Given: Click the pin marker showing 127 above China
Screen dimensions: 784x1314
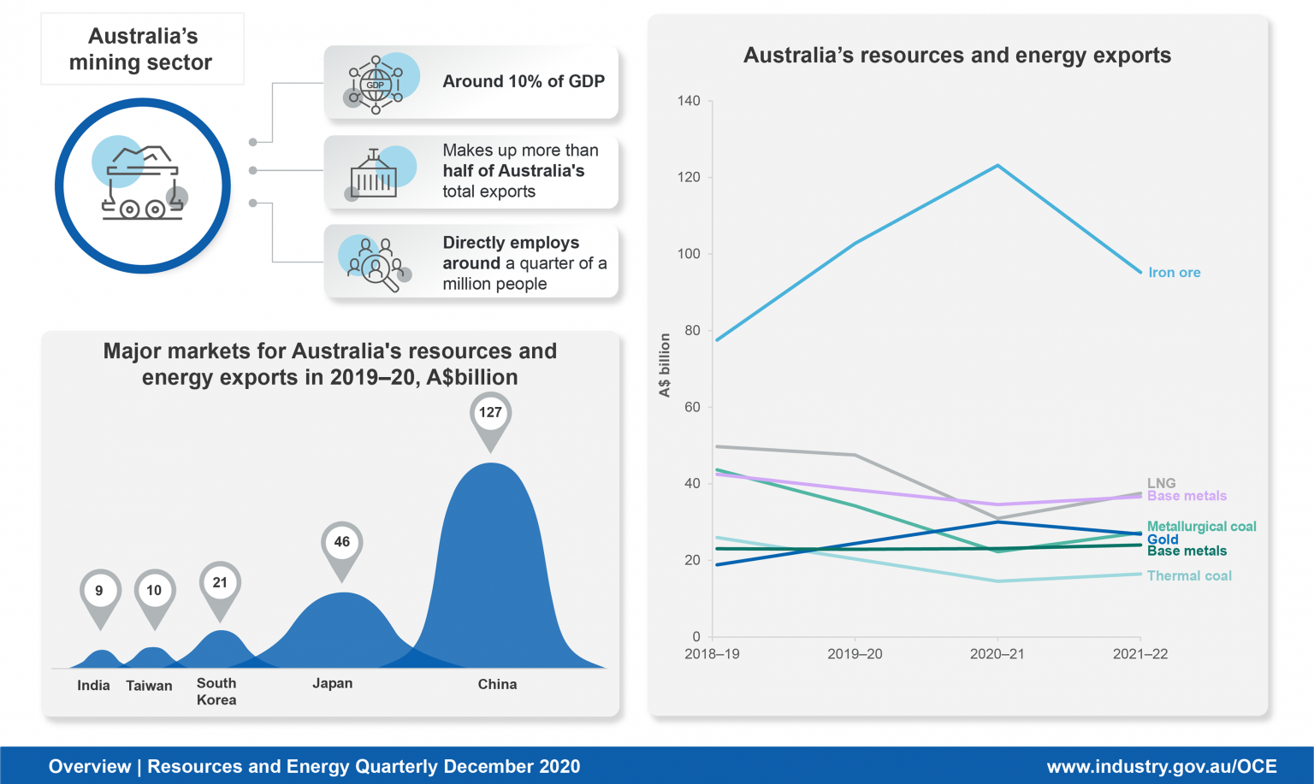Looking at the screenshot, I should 490,414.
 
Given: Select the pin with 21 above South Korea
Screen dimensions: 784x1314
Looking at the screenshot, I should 220,584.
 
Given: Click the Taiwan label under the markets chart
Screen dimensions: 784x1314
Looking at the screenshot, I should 149,686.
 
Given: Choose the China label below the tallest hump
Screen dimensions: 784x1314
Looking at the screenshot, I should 497,684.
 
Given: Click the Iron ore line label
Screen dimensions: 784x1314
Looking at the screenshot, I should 1174,273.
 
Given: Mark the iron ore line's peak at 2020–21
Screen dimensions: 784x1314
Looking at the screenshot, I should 997,166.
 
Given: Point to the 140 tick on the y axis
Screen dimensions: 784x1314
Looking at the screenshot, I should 689,101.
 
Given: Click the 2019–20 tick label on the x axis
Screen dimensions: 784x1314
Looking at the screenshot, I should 855,654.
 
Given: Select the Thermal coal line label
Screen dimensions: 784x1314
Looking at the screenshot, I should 1189,576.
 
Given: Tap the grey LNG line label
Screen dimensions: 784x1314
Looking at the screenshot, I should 1161,483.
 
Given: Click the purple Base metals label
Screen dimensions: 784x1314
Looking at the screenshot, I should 1187,496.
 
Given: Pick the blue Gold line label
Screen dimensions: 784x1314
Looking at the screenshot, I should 1163,539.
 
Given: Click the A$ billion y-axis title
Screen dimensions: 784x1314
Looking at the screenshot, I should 665,365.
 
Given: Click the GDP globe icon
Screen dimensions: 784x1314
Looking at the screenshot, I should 376,85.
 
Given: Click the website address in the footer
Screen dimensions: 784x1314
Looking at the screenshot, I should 1161,767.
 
